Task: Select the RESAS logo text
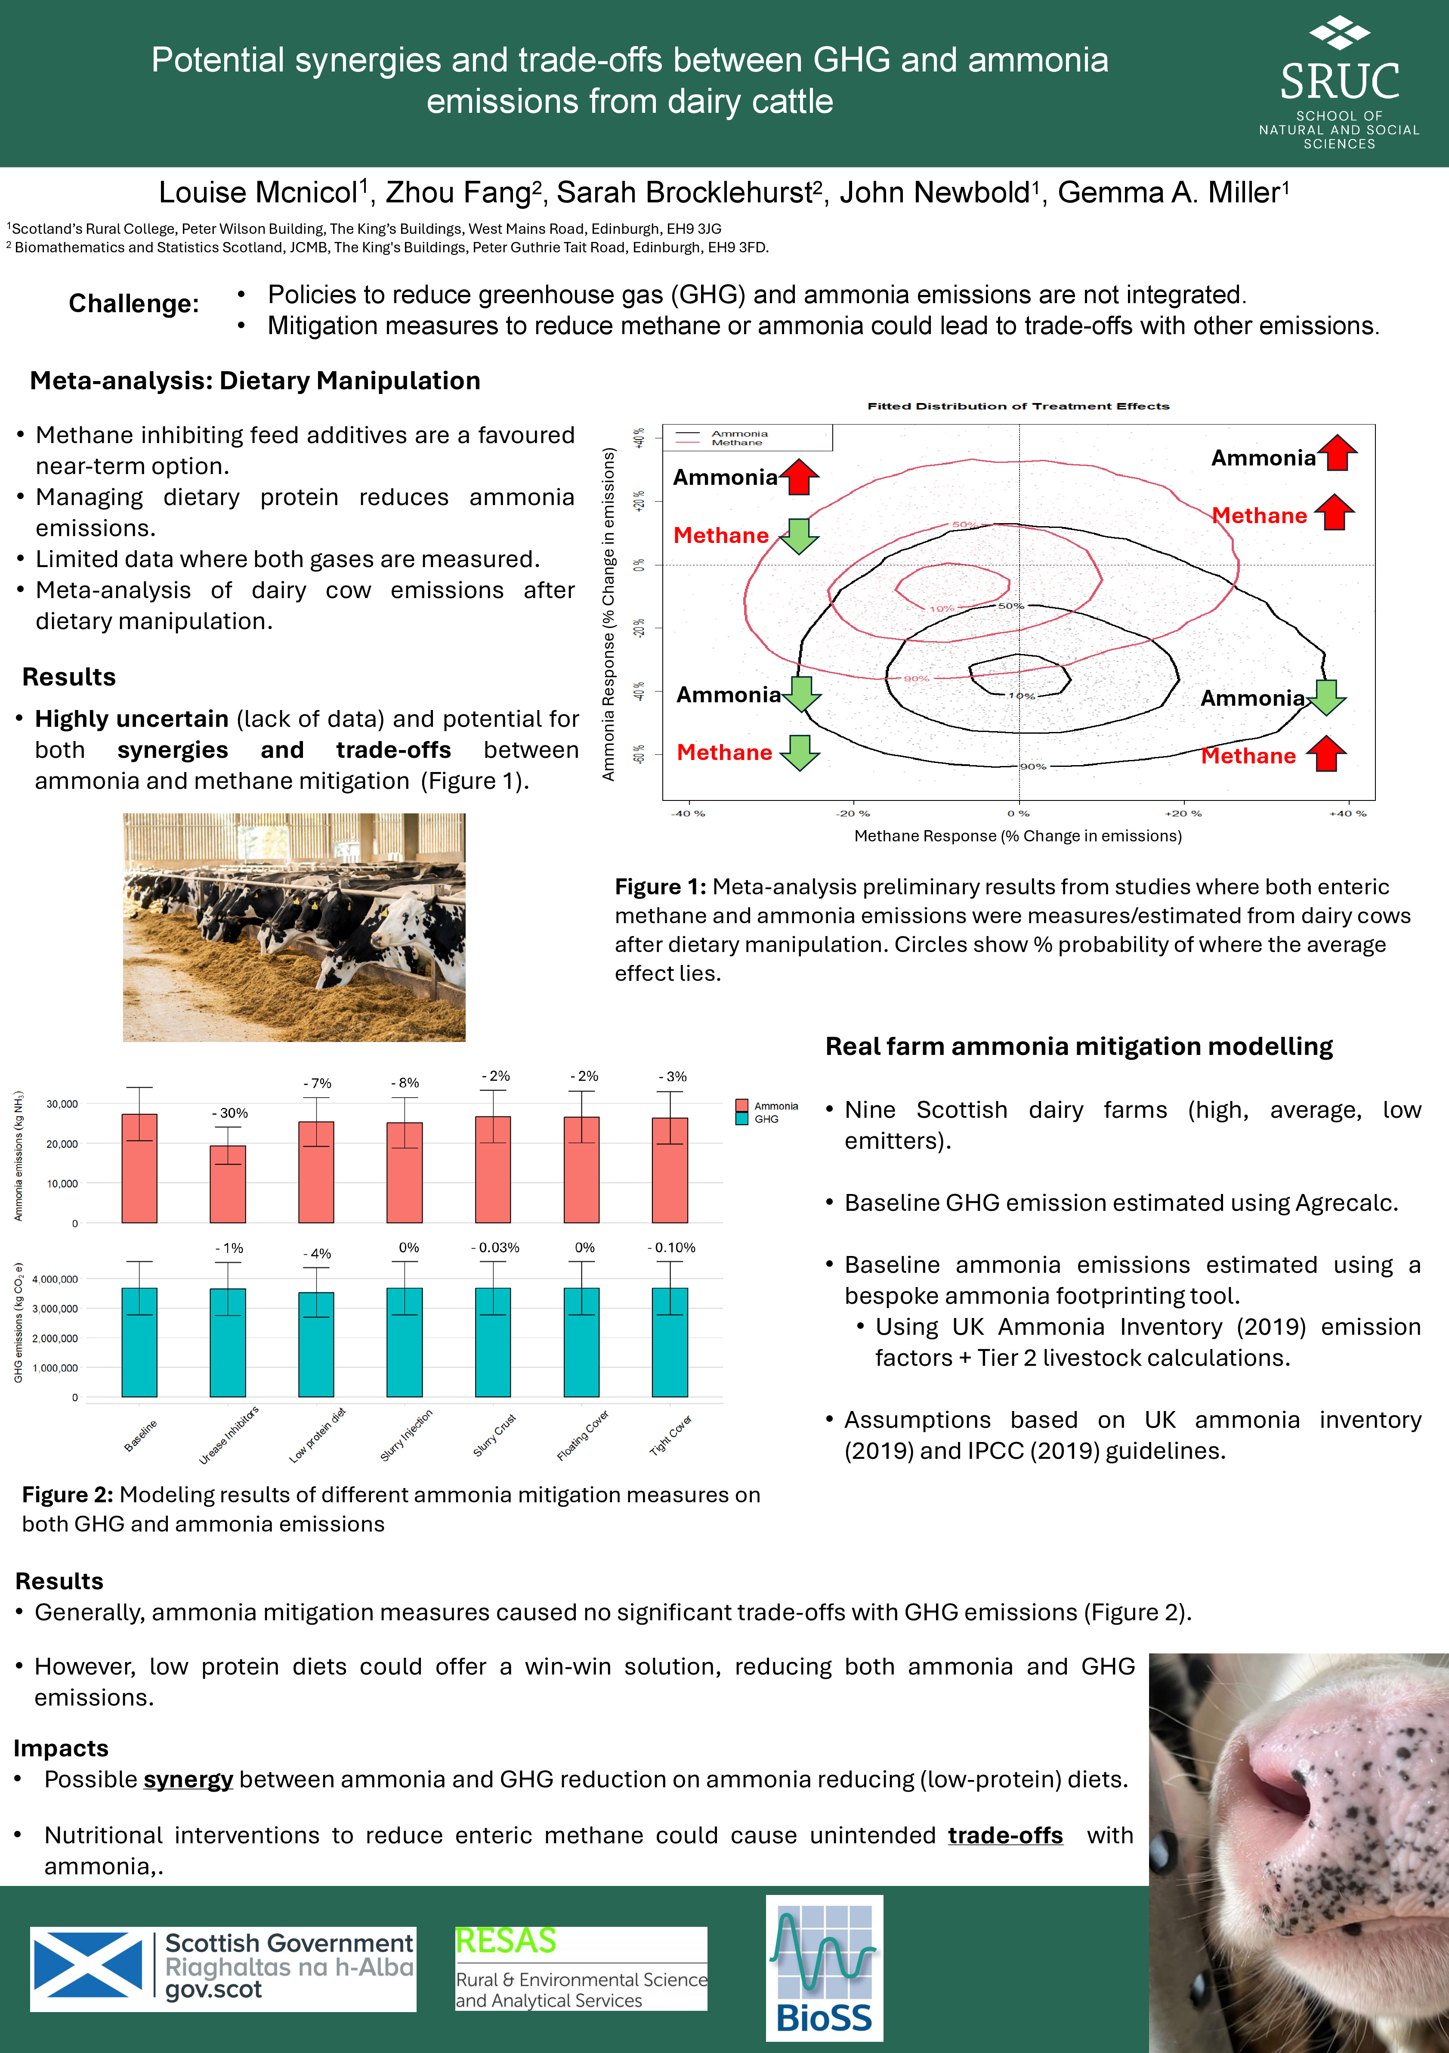tap(506, 1941)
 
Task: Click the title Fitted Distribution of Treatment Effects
tap(1018, 406)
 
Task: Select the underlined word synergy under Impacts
tap(188, 1780)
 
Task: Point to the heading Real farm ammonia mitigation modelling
tap(1078, 1046)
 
